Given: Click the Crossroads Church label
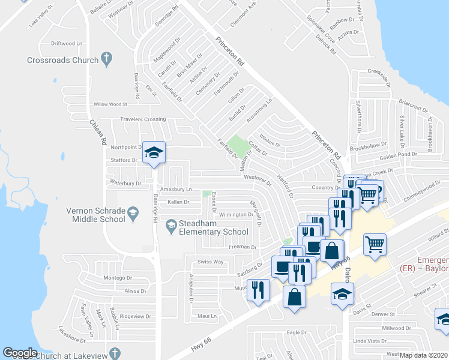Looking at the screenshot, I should pyautogui.click(x=62, y=60).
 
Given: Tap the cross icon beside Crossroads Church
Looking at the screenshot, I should pyautogui.click(x=107, y=59).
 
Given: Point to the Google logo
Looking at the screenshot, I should pyautogui.click(x=20, y=353).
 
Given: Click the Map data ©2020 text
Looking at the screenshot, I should pyautogui.click(x=424, y=355).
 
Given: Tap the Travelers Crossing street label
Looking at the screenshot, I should pyautogui.click(x=143, y=119).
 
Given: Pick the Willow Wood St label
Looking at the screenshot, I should pyautogui.click(x=110, y=104).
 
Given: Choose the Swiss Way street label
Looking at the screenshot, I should pyautogui.click(x=211, y=262).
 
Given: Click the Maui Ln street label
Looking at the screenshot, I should pyautogui.click(x=206, y=316).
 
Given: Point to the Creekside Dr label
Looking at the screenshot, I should pyautogui.click(x=381, y=77).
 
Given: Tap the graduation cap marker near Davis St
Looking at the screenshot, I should pyautogui.click(x=342, y=293).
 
